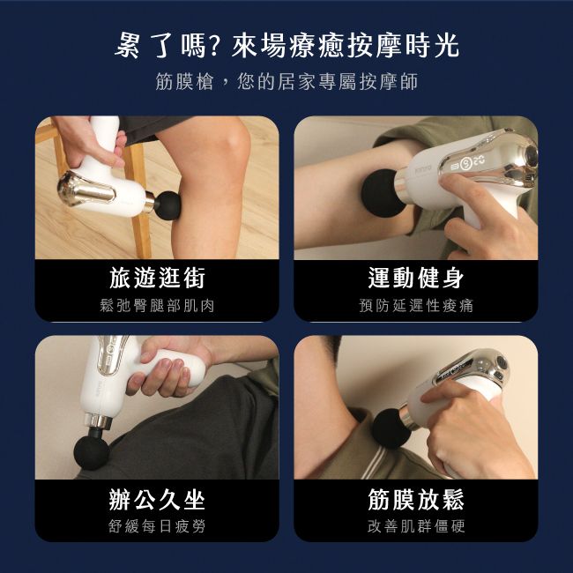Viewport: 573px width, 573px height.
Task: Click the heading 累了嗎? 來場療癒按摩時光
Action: tap(287, 45)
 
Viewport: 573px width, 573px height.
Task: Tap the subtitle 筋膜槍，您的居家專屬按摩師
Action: tap(286, 83)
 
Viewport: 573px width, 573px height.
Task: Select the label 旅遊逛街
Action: tap(157, 279)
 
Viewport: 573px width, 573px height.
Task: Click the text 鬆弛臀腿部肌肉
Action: tap(157, 306)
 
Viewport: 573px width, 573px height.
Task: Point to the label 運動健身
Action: tap(416, 279)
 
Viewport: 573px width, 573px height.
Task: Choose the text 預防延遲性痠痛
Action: tap(416, 306)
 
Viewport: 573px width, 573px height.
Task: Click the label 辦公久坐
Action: tap(157, 500)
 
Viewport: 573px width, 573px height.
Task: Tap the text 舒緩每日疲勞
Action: tap(157, 527)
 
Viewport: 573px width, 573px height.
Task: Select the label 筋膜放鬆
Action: tap(416, 500)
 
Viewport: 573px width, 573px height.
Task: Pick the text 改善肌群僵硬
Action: tap(416, 527)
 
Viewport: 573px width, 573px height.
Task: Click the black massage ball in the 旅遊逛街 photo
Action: tap(167, 204)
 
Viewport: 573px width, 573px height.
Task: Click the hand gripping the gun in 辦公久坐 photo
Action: tap(163, 366)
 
